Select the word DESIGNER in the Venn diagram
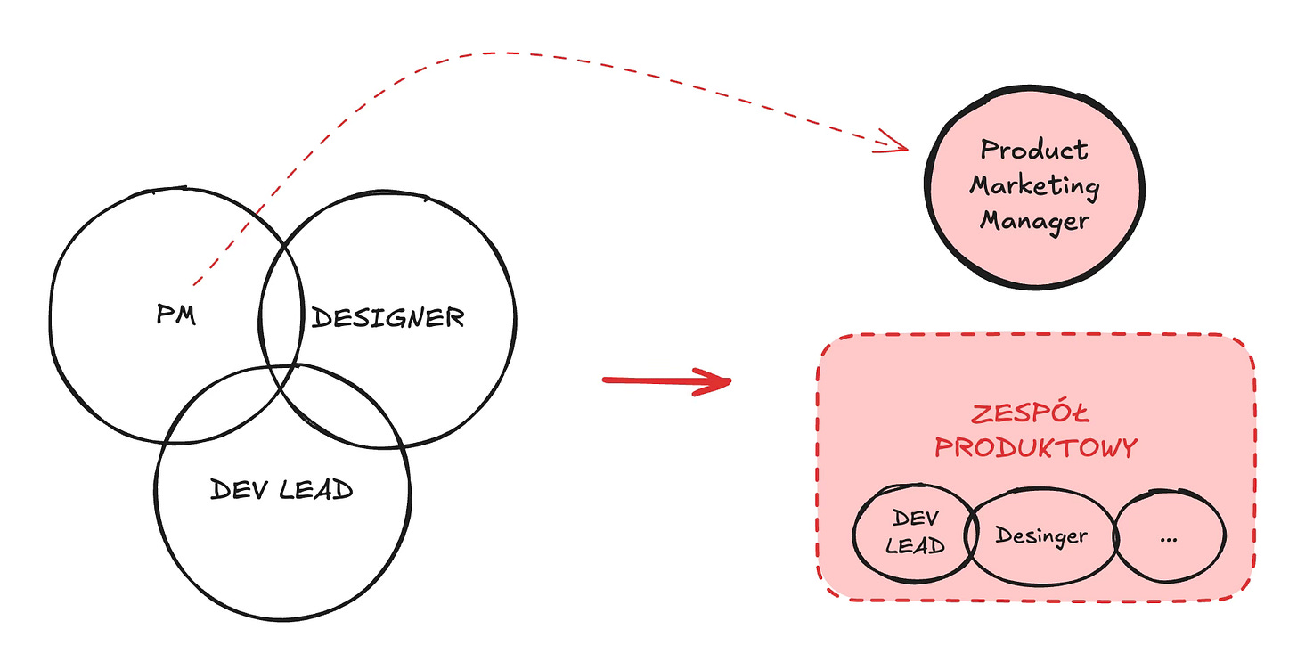point(387,317)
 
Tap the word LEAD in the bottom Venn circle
point(316,489)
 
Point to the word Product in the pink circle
point(1033,150)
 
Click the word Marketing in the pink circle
point(1034,185)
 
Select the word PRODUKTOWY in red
point(1036,446)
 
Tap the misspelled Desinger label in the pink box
point(1041,535)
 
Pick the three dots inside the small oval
point(1170,539)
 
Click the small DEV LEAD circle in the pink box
point(914,533)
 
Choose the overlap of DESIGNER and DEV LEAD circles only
point(347,412)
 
